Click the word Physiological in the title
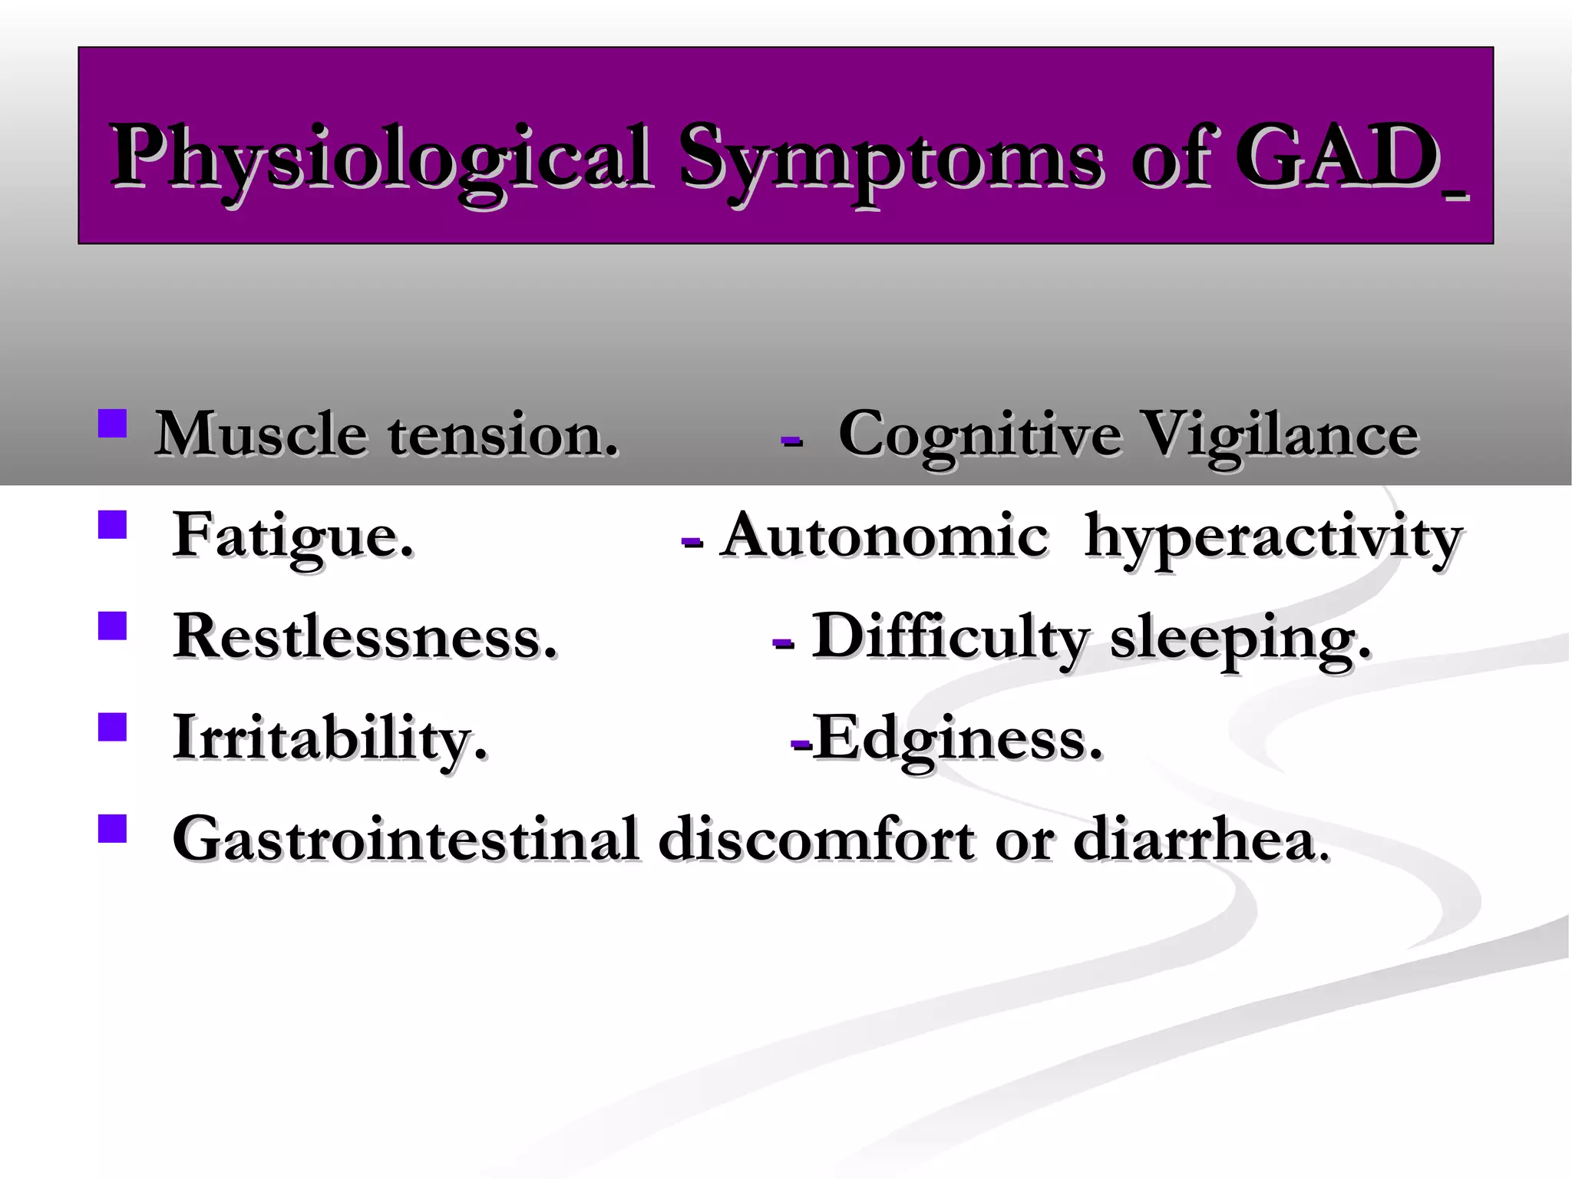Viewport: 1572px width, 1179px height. click(x=380, y=157)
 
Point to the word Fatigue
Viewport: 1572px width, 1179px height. click(x=292, y=537)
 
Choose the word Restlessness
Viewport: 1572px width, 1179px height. click(x=365, y=636)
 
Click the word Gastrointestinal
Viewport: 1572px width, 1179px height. click(x=405, y=838)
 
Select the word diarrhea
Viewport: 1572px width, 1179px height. click(x=1194, y=838)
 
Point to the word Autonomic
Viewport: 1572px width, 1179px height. click(x=884, y=535)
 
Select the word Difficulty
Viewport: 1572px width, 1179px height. click(x=949, y=638)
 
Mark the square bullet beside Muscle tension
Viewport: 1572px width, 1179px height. click(x=113, y=423)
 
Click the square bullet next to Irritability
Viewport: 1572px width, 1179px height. click(x=113, y=727)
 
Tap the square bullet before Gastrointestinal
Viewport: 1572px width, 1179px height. click(x=113, y=828)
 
